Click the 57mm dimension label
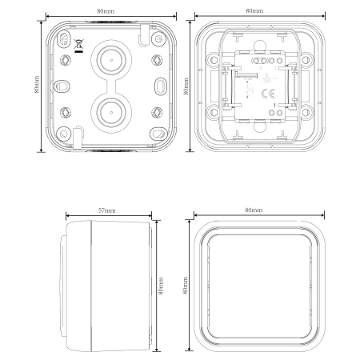107,210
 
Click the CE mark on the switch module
267,94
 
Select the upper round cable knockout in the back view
111,60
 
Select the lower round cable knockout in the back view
111,112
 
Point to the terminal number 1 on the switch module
274,106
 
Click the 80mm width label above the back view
106,11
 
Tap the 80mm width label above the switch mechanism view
254,11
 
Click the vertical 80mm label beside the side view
161,286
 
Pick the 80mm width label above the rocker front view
254,210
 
